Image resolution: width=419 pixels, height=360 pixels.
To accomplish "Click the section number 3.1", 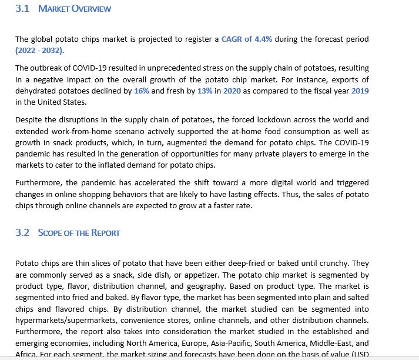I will (22, 9).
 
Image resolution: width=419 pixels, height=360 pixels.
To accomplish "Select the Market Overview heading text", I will (74, 9).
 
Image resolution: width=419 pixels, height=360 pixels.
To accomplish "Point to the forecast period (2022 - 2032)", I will (41, 51).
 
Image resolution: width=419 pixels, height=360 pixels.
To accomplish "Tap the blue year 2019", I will (360, 91).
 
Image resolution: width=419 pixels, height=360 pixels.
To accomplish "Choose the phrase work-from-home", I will (76, 131).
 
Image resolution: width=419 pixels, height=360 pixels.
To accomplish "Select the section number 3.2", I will (22, 232).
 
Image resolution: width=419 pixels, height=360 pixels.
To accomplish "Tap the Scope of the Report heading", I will (79, 232).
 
